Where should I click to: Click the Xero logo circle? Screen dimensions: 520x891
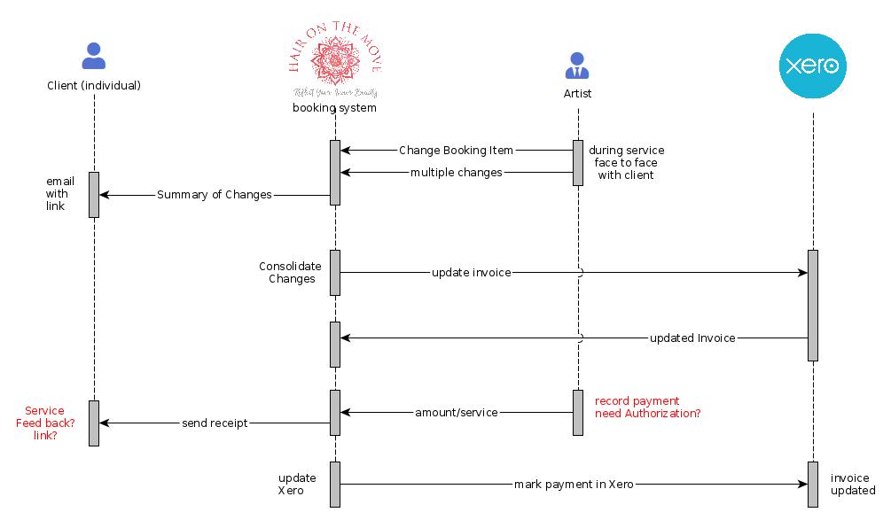pyautogui.click(x=812, y=66)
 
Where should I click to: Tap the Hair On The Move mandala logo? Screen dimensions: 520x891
pyautogui.click(x=335, y=59)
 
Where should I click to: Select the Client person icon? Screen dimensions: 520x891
pyautogui.click(x=93, y=57)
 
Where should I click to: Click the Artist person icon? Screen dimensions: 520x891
pyautogui.click(x=577, y=66)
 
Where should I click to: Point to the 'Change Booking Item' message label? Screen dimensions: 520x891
pyautogui.click(x=456, y=151)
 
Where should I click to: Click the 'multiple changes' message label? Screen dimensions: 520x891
pyautogui.click(x=456, y=173)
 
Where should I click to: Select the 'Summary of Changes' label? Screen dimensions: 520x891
pyautogui.click(x=215, y=195)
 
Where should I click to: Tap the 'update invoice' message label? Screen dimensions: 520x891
pyautogui.click(x=471, y=273)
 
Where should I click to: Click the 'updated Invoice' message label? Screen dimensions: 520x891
pyautogui.click(x=692, y=338)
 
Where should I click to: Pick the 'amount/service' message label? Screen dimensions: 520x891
pyautogui.click(x=456, y=413)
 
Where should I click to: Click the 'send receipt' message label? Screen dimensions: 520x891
pyautogui.click(x=215, y=423)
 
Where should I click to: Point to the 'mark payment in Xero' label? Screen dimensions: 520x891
pyautogui.click(x=574, y=485)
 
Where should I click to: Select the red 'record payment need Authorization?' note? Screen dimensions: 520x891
pyautogui.click(x=647, y=407)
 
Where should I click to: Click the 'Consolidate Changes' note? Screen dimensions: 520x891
pyautogui.click(x=290, y=272)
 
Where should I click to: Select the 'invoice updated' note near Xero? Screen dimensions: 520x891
pyautogui.click(x=852, y=485)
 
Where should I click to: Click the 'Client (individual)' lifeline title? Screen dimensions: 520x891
pyautogui.click(x=93, y=86)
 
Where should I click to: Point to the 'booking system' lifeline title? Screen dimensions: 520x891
pyautogui.click(x=335, y=108)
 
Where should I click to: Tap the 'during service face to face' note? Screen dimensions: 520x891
pyautogui.click(x=626, y=163)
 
